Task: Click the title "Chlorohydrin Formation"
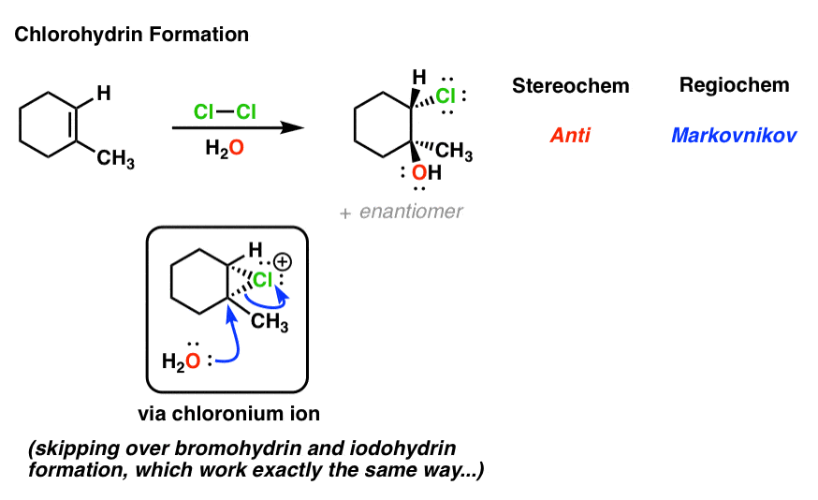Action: pos(131,36)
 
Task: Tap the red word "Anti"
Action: pos(570,136)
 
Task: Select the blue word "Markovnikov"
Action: pos(734,136)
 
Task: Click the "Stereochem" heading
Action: pos(570,86)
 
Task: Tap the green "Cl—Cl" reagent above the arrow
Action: pos(225,112)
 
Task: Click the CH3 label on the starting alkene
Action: pos(116,160)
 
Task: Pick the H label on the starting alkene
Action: pos(104,92)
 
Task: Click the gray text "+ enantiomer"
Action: pos(402,213)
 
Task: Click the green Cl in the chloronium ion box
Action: pos(265,280)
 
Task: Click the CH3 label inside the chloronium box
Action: pos(270,325)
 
